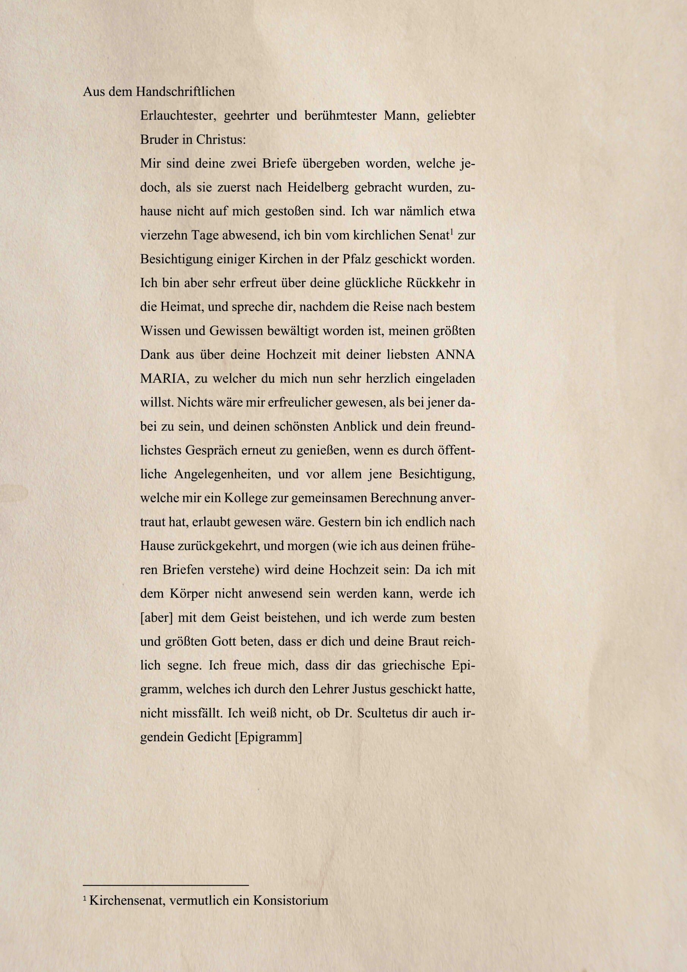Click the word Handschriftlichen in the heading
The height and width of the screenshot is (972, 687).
coord(185,92)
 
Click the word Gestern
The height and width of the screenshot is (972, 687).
coord(341,522)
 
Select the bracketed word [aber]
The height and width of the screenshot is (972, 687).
coord(157,618)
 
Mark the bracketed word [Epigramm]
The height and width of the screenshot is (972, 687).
coord(268,737)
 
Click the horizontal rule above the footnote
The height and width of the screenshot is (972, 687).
coord(165,881)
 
